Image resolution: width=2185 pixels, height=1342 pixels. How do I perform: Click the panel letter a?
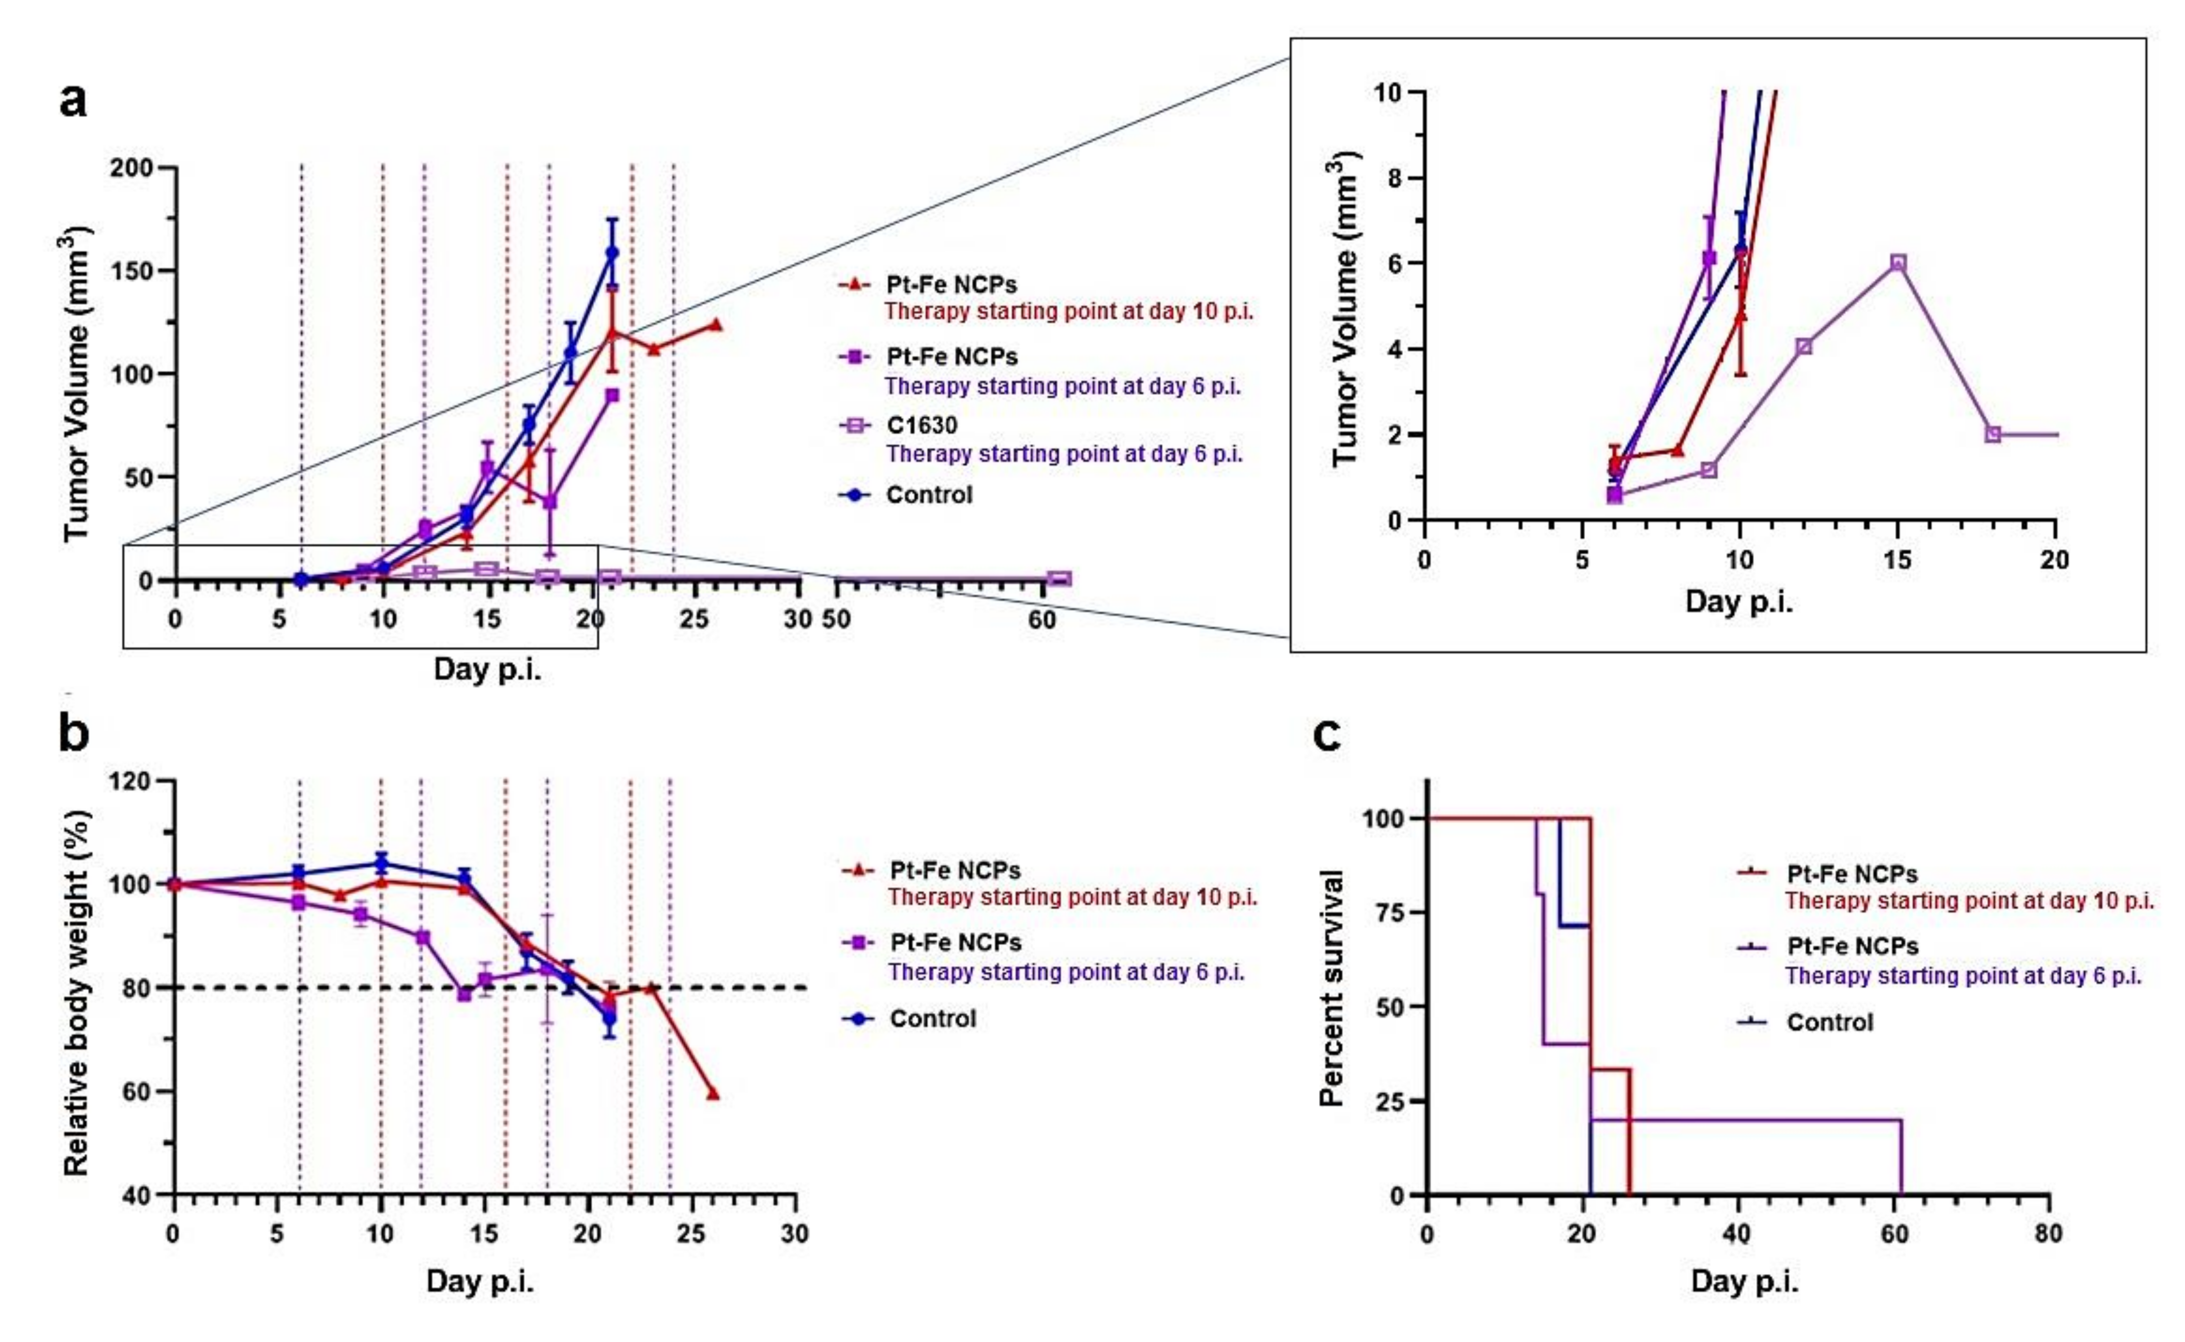[74, 100]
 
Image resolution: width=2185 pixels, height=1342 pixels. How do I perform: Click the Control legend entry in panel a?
[928, 495]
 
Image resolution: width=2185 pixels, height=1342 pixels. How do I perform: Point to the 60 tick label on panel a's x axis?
[1042, 619]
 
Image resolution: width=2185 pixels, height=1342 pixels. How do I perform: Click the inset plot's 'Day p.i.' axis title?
[1738, 602]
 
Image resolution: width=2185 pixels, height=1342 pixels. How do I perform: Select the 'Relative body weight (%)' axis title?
[77, 992]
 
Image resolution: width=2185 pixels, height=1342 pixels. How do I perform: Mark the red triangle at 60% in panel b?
[712, 1093]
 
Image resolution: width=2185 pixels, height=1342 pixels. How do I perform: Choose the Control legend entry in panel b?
[932, 1018]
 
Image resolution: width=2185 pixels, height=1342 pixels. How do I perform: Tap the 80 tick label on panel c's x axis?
[2048, 1233]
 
